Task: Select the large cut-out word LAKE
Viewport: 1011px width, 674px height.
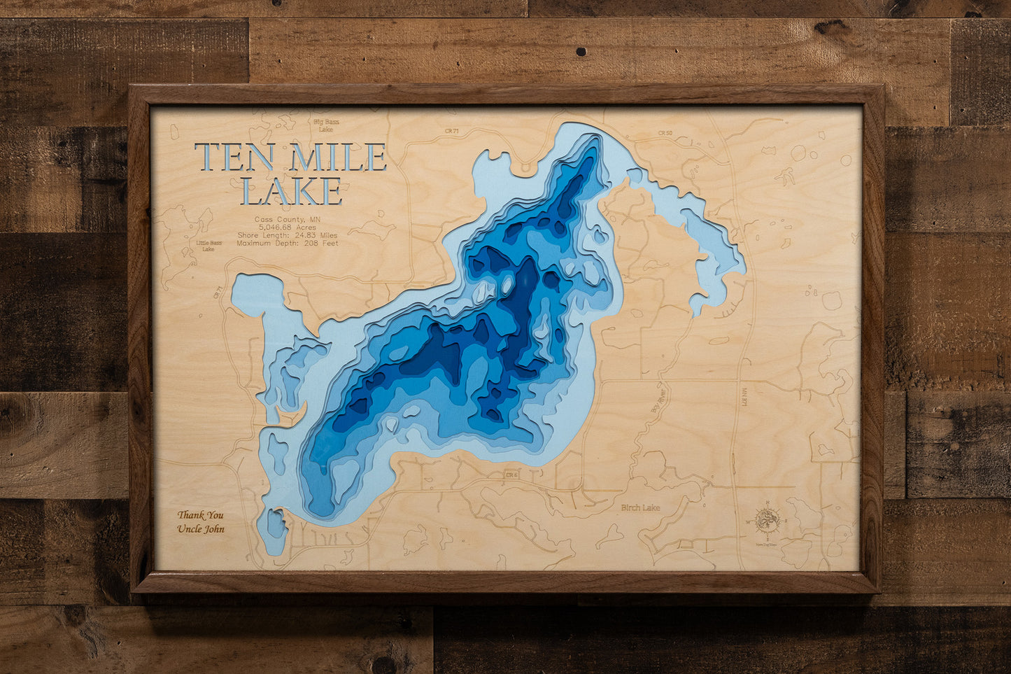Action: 291,191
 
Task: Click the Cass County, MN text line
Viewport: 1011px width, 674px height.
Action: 288,219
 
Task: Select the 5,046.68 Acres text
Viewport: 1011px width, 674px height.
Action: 288,227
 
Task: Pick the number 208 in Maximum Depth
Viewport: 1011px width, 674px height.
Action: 312,244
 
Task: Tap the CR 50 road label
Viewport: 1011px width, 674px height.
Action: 665,133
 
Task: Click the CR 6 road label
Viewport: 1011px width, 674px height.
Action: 511,475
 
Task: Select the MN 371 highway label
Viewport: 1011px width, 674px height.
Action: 744,397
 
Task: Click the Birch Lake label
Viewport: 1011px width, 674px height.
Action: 639,508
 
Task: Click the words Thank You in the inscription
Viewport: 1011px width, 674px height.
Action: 201,515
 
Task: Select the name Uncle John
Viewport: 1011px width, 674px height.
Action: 201,528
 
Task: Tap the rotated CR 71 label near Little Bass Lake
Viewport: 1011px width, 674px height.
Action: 218,292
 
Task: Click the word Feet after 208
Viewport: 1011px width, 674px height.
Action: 330,244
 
